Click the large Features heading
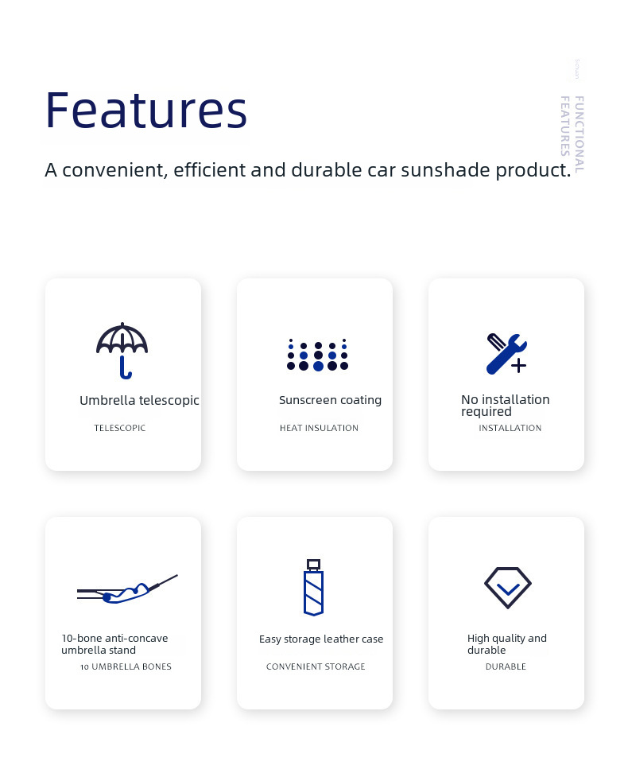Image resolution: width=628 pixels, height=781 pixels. click(146, 110)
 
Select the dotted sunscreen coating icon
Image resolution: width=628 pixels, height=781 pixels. click(317, 355)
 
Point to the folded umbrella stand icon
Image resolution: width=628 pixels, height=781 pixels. click(127, 590)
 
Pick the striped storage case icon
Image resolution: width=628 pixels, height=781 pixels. click(314, 587)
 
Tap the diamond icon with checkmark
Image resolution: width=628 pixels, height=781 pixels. click(507, 588)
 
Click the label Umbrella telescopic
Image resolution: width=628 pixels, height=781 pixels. click(139, 401)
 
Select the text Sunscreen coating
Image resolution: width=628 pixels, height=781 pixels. click(330, 400)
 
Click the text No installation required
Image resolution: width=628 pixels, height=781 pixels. click(506, 406)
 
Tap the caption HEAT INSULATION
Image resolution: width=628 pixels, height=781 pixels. click(319, 428)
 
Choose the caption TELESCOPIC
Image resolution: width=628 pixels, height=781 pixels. click(119, 428)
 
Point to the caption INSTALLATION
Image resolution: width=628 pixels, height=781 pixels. click(510, 428)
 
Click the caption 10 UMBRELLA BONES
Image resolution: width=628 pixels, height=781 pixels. click(126, 666)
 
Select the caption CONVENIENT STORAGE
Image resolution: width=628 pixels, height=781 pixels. click(316, 666)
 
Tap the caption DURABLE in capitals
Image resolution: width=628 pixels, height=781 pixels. click(506, 666)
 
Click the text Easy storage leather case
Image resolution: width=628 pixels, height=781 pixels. click(321, 639)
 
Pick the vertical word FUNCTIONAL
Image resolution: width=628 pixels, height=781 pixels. click(579, 134)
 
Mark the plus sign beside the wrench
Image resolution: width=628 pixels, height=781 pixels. click(518, 366)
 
